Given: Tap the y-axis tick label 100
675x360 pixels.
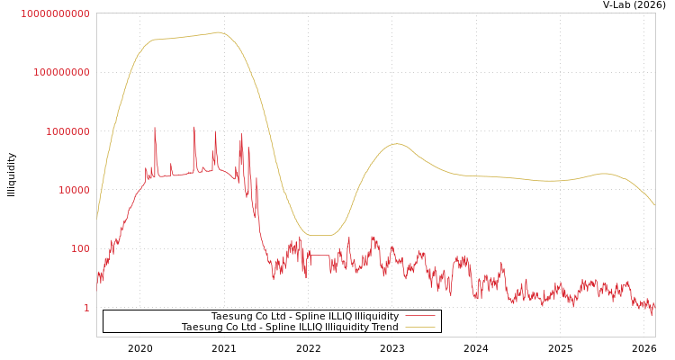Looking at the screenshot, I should coord(80,248).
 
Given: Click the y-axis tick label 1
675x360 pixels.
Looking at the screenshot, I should coord(86,308).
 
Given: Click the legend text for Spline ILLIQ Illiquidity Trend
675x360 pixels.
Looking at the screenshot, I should coord(290,327).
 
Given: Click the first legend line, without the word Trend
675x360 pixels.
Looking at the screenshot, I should coord(304,316).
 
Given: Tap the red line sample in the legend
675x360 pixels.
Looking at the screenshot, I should coord(420,316).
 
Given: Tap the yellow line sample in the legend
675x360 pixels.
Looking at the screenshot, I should coord(420,327).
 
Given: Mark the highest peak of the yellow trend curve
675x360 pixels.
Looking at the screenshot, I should coord(219,32).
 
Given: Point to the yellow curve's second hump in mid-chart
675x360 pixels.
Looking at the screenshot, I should coord(396,143).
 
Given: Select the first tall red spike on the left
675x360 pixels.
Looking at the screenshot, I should coord(155,129).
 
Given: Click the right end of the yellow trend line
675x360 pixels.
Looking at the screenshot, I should coord(654,205).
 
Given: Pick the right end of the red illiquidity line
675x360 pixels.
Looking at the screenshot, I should coord(654,306).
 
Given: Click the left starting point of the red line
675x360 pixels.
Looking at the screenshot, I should coord(97,274).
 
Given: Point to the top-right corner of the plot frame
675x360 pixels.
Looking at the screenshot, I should coord(655,13).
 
